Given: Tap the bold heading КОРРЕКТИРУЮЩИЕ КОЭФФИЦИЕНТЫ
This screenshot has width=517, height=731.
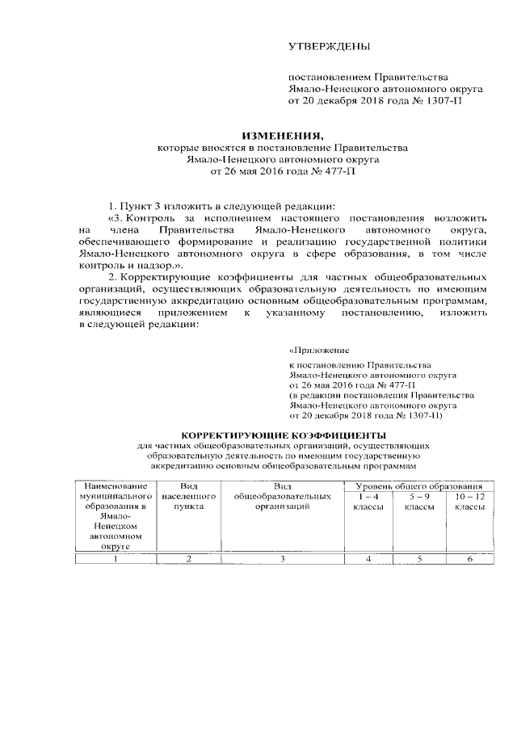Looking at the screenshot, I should (282, 435).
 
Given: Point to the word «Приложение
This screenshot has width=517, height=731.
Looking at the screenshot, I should (319, 351).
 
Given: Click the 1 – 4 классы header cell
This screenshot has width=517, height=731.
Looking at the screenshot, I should (368, 501).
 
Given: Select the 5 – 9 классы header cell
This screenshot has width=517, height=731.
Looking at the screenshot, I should (418, 501).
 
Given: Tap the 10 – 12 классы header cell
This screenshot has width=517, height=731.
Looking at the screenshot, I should (469, 501).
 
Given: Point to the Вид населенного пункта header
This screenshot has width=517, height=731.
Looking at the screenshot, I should (188, 496).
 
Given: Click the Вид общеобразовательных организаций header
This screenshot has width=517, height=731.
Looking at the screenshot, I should (282, 496).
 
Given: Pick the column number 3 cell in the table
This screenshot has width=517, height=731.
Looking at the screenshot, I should (282, 558).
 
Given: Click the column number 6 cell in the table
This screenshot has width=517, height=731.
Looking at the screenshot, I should (469, 558).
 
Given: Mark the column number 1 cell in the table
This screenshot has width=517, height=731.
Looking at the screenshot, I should (116, 558).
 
